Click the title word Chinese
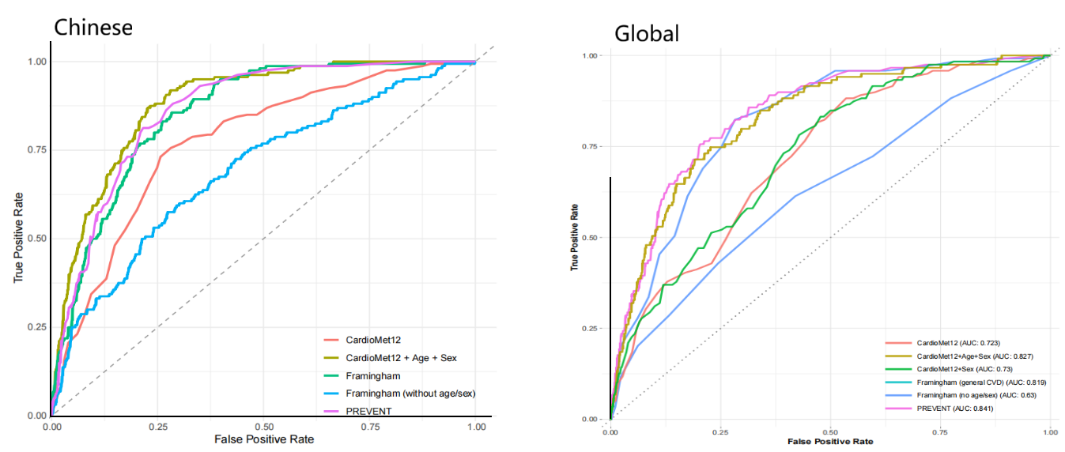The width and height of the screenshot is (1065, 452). click(93, 27)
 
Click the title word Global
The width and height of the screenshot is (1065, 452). click(647, 34)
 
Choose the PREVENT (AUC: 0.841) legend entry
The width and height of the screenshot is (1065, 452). click(954, 408)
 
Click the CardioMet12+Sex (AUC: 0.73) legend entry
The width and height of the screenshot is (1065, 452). click(964, 369)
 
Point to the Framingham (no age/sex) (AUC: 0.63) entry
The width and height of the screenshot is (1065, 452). click(976, 394)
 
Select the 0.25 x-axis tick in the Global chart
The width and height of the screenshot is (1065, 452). click(720, 432)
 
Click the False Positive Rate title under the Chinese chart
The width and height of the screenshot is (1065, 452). click(263, 439)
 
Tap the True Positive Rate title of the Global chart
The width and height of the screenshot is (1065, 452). click(575, 238)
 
